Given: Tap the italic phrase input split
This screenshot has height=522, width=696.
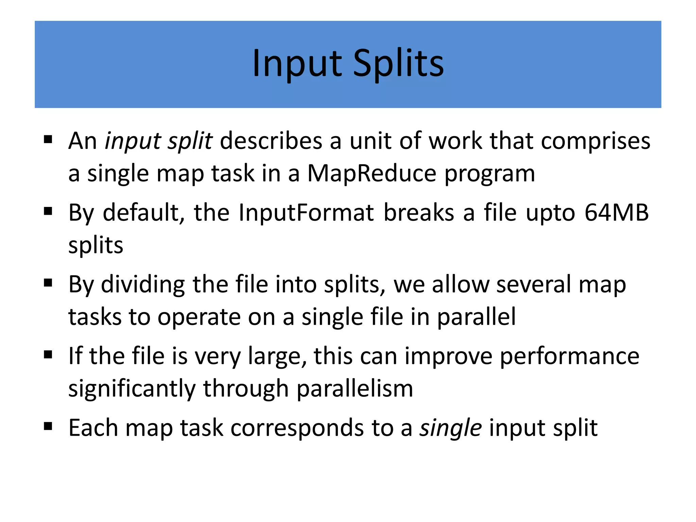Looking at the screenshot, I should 158,141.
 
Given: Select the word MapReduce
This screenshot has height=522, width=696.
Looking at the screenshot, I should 371,174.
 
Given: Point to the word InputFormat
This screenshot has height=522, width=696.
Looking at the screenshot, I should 306,213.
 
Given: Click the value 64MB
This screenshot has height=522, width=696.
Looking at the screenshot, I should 616,213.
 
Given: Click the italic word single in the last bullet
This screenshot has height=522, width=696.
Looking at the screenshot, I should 451,428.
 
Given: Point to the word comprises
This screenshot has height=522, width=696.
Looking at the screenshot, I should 595,141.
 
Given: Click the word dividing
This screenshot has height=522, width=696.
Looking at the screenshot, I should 143,284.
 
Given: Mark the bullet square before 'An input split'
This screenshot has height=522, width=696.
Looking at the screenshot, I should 48,139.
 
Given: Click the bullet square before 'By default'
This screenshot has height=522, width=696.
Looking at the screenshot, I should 48,211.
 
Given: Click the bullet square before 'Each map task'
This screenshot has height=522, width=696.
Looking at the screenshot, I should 48,427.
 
